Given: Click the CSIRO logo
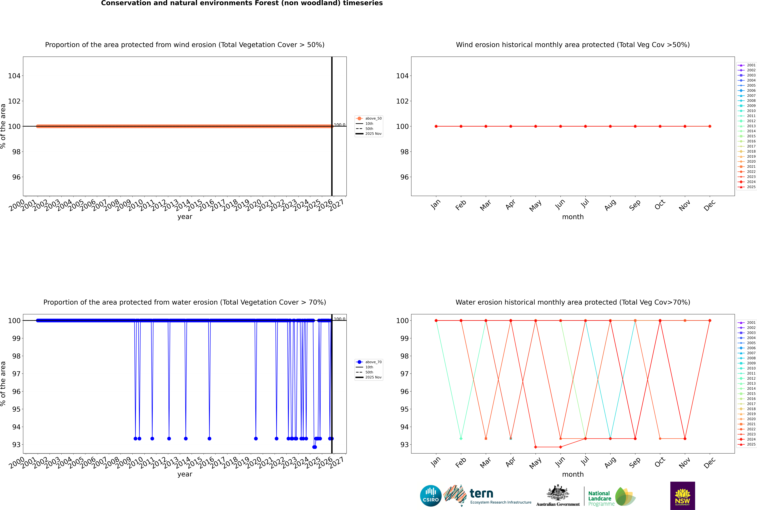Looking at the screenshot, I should point(431,496).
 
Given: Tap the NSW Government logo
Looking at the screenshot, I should point(682,496).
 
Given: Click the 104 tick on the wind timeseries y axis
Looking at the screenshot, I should point(14,76).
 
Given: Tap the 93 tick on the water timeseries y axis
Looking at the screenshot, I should point(16,445).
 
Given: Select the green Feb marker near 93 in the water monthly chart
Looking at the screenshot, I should point(461,438).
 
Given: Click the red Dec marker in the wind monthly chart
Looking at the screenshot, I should point(710,126).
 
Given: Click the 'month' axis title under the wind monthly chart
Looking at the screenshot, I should point(573,217).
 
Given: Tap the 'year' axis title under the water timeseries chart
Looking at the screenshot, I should point(185,474).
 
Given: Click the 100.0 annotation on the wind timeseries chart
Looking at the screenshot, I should point(339,125).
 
